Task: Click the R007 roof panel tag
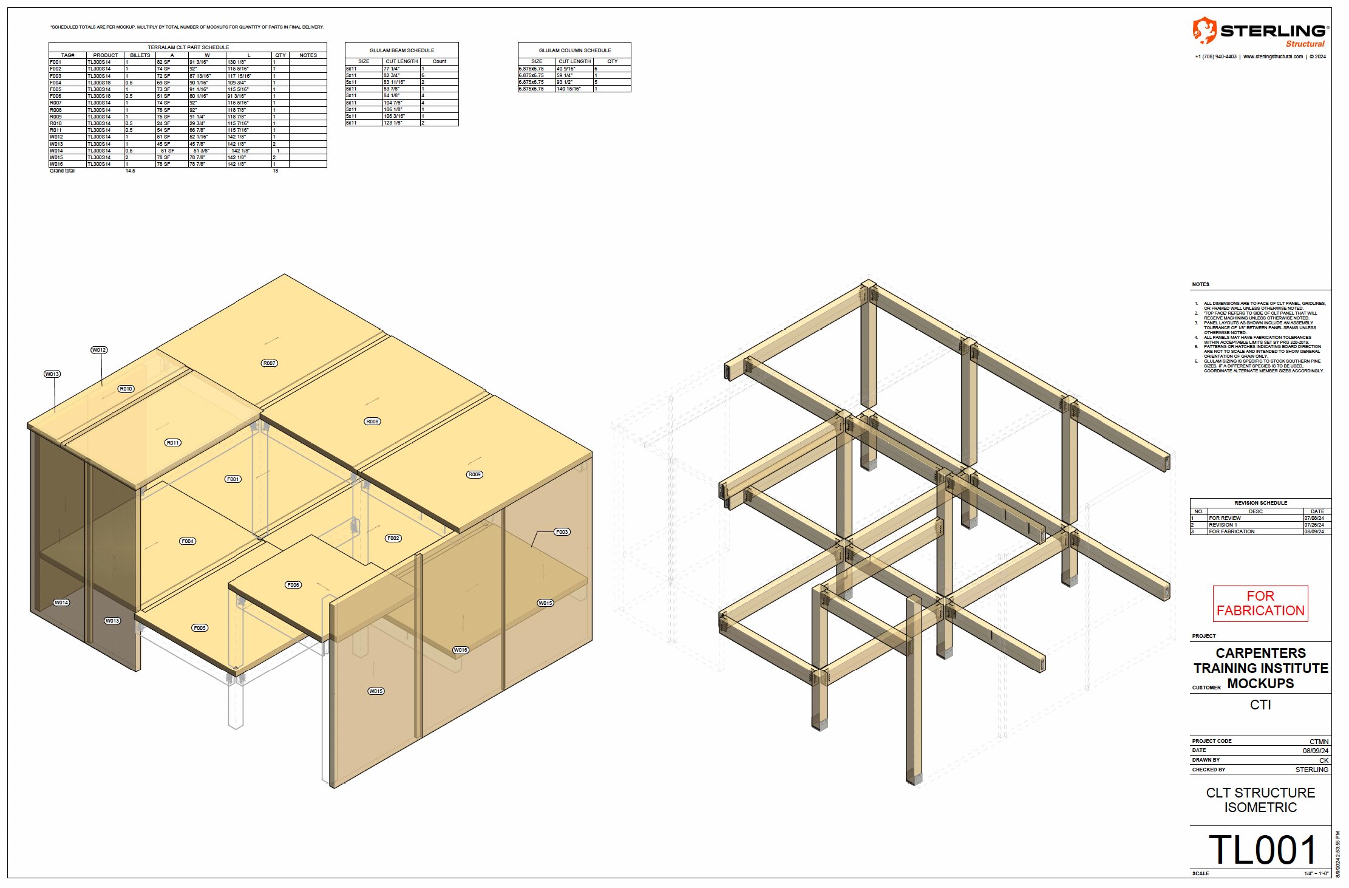pos(269,363)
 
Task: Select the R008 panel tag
pos(372,422)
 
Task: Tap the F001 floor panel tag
pos(233,479)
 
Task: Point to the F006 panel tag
pos(293,585)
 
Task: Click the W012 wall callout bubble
pos(99,350)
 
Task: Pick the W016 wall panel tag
pos(461,650)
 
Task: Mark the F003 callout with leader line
pos(562,532)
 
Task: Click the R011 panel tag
pos(173,443)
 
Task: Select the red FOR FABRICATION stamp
pos(1260,603)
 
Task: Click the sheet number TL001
pos(1263,850)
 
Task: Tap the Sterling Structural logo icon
pos(1204,30)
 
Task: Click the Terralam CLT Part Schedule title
pos(188,47)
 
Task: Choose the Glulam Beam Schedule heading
pos(402,50)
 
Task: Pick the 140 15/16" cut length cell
pos(569,89)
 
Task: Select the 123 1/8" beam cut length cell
pos(393,123)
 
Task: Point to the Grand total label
pos(62,171)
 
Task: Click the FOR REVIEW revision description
pos(1225,518)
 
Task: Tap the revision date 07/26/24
pos(1314,525)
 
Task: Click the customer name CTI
pos(1260,705)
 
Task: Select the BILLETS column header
pos(140,55)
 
